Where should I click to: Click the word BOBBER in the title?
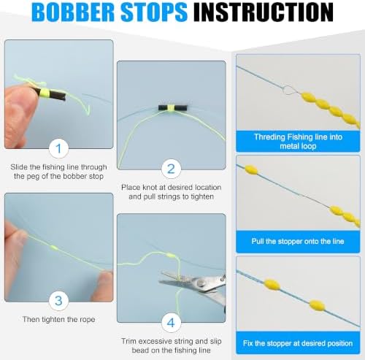point(73,12)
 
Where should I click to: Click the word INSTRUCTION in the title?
point(264,12)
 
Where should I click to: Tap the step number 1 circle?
point(58,148)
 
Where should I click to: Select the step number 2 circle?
point(171,169)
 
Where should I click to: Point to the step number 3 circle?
point(58,301)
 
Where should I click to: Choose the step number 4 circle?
point(171,323)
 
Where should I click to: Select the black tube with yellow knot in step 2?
point(173,107)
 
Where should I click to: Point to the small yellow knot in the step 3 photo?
point(53,248)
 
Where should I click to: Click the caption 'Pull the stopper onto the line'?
point(298,241)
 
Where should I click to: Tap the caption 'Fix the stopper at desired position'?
point(298,343)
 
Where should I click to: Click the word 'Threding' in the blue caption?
point(269,137)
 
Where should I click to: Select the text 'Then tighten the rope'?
point(58,319)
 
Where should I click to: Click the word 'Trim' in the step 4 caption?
point(128,341)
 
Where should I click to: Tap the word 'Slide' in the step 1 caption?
point(19,167)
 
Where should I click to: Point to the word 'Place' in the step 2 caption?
point(131,188)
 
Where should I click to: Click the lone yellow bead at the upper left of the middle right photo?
point(251,169)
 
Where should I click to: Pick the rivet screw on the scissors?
point(201,283)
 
